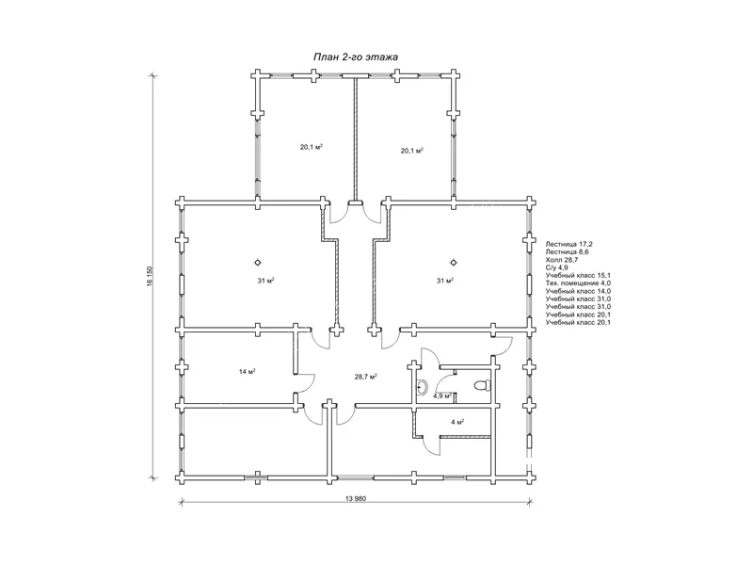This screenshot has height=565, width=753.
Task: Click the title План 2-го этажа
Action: [356, 57]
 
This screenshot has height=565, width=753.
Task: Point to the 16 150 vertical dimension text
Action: [150, 276]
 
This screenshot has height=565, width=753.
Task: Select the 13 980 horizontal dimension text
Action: [356, 498]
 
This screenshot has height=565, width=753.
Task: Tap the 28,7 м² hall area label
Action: [365, 377]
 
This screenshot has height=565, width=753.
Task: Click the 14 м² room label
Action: [247, 371]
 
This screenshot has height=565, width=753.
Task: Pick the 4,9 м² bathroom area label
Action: [441, 395]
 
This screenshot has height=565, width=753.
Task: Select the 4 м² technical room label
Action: [457, 422]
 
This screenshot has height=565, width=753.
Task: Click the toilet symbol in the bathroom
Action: [482, 385]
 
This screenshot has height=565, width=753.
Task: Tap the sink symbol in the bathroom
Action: [422, 387]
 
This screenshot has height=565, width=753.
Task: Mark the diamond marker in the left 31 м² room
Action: [258, 263]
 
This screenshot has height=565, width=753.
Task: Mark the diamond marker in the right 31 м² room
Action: [454, 263]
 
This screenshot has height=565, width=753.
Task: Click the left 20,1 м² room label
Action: [312, 147]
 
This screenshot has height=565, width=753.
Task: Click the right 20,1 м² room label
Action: [412, 151]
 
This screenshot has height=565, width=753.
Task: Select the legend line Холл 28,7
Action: [561, 260]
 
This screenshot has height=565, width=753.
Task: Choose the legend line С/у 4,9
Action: [556, 267]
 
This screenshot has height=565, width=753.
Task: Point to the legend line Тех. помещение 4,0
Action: [578, 283]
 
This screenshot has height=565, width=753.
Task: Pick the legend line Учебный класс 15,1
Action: [578, 275]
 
